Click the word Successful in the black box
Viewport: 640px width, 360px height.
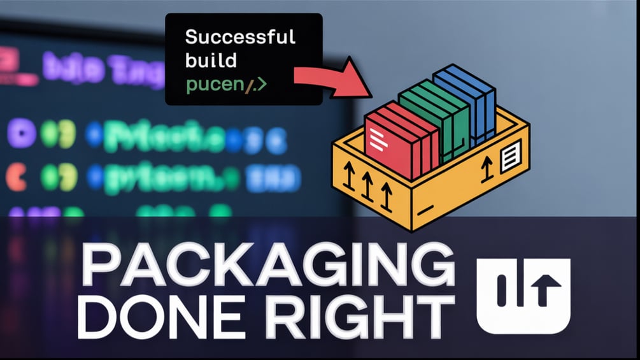click(x=240, y=37)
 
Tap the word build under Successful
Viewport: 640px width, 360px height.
click(x=211, y=61)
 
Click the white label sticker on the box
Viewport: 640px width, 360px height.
click(x=511, y=156)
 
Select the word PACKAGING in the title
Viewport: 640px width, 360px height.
click(x=267, y=265)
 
